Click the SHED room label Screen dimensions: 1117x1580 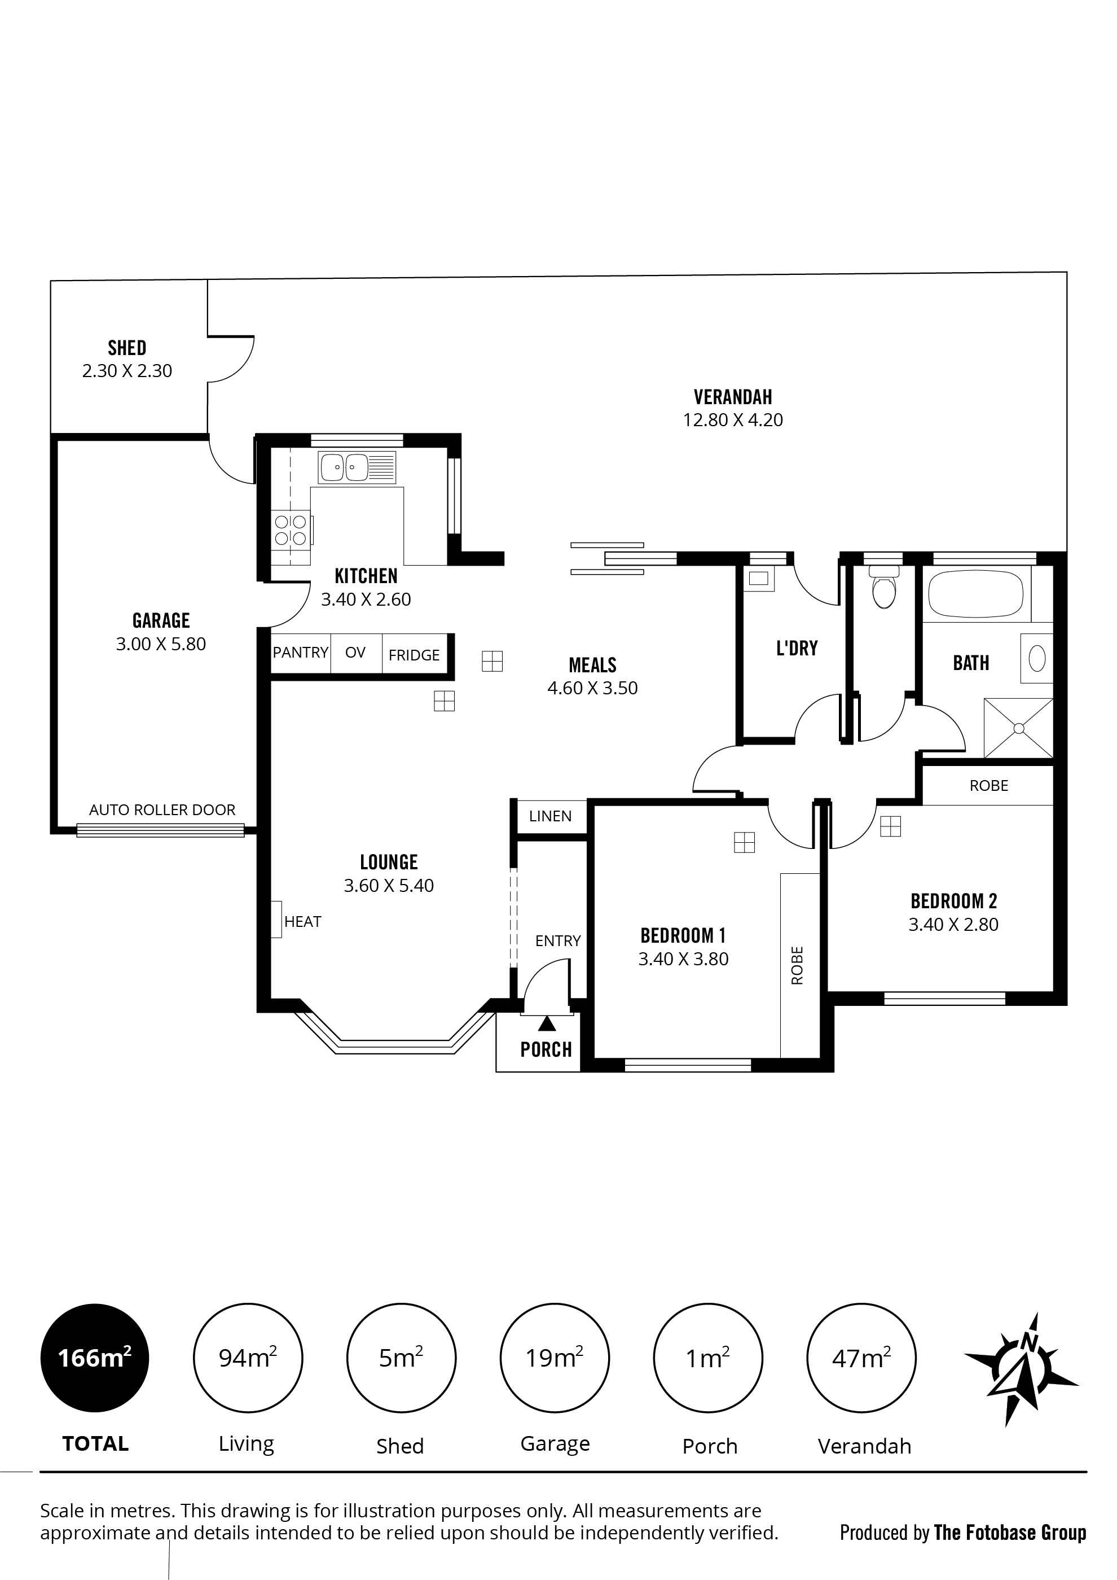[127, 348]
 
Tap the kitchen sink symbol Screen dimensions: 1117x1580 [357, 467]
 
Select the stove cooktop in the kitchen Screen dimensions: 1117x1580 [292, 530]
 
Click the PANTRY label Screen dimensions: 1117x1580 [301, 653]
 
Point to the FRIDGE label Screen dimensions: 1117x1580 [414, 655]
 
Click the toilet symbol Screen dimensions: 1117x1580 [884, 587]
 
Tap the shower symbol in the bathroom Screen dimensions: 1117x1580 [1019, 728]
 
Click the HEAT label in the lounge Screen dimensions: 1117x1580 [302, 921]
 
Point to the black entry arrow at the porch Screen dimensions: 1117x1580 [547, 1024]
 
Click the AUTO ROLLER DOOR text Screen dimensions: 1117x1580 [162, 810]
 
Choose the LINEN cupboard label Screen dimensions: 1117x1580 [550, 816]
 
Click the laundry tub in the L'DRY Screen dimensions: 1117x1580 [759, 578]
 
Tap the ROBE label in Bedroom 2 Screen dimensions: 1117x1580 [989, 786]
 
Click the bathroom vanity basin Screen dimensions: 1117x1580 [1036, 659]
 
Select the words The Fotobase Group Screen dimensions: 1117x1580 [1010, 1533]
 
